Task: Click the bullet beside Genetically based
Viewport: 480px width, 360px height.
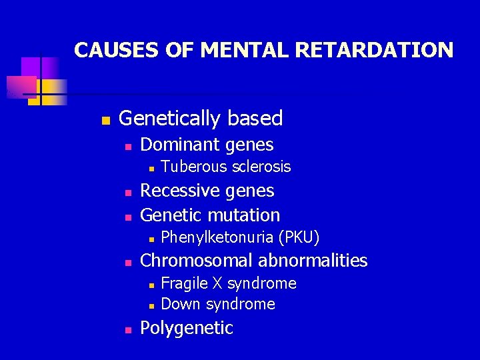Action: (x=104, y=121)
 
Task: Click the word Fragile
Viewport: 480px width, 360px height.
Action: (x=184, y=283)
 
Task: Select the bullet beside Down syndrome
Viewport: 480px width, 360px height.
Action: (x=151, y=305)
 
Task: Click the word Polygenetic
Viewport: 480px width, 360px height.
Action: (x=187, y=328)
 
